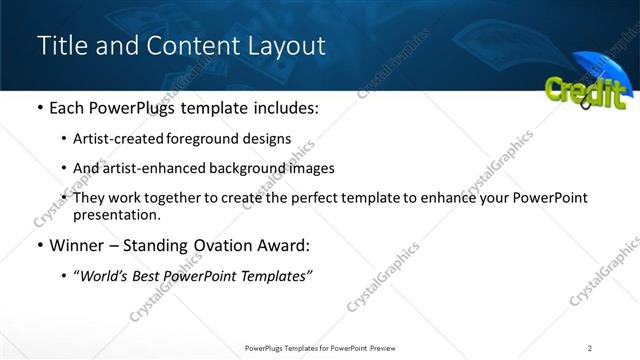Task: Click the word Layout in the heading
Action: click(x=282, y=46)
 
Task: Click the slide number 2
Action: click(x=589, y=347)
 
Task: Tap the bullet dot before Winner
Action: click(x=39, y=245)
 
